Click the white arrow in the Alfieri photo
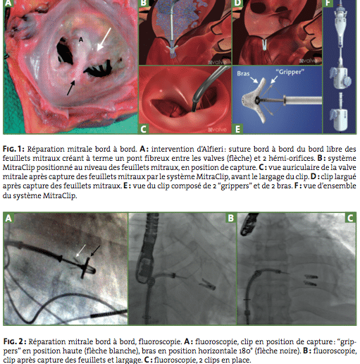point(104,40)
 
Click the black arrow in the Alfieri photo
point(71,87)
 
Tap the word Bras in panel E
point(243,73)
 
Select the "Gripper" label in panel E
point(290,72)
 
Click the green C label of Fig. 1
point(143,129)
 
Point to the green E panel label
point(237,129)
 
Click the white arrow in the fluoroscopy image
point(81,250)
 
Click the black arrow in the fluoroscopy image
point(95,251)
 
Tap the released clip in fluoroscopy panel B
point(207,284)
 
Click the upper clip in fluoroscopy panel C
point(311,277)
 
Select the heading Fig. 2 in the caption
point(15,341)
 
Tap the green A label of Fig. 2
point(8,218)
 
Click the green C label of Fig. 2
point(350,218)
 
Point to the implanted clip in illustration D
point(265,45)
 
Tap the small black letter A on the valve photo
point(81,40)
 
